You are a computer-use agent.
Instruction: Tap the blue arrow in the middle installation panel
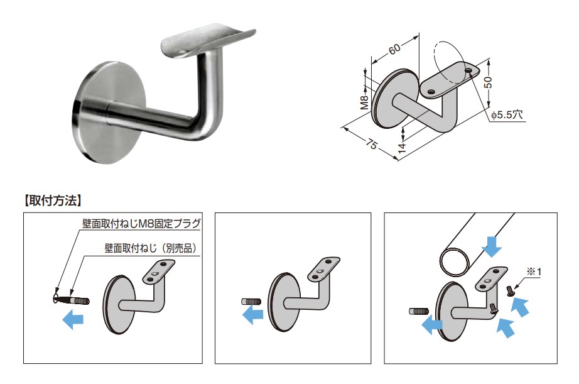253,315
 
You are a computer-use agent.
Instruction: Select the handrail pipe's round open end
455,261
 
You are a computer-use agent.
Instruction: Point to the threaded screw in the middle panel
251,301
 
